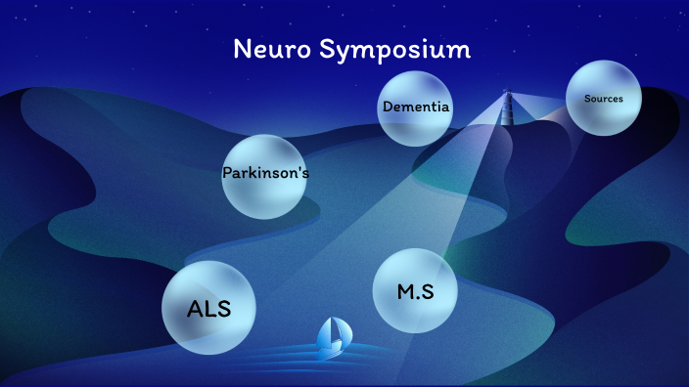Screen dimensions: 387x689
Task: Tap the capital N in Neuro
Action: [x=242, y=49]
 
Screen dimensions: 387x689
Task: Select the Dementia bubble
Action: [x=416, y=107]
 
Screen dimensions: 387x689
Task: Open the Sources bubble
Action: [x=603, y=98]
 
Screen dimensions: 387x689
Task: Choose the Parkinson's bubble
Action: [x=265, y=175]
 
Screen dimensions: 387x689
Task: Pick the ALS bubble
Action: [x=208, y=308]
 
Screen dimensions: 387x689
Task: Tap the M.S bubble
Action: [x=415, y=291]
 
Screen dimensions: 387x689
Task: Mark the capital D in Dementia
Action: [x=388, y=107]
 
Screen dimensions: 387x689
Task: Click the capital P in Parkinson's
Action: [x=227, y=174]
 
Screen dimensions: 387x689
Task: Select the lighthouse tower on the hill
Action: [x=507, y=110]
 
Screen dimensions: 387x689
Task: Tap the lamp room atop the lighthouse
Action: [x=507, y=94]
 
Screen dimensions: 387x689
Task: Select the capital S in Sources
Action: [x=587, y=99]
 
